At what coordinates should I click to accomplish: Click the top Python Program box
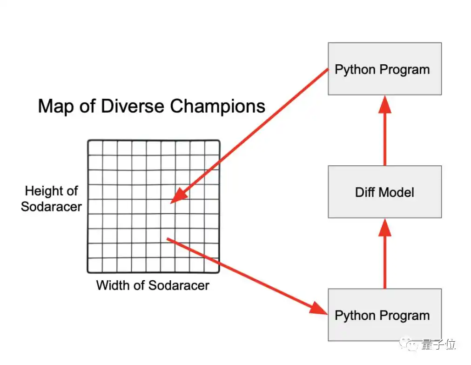click(x=384, y=69)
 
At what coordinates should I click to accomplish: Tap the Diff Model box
click(x=384, y=192)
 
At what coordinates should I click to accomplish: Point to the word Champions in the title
click(x=217, y=106)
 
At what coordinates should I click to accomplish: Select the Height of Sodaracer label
click(x=51, y=199)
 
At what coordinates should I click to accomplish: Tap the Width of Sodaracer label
click(x=153, y=285)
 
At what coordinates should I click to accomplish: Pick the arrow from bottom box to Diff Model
click(x=384, y=253)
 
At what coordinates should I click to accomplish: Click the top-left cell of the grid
click(x=95, y=148)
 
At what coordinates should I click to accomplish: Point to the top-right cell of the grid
click(x=212, y=148)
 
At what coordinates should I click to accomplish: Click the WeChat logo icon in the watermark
click(x=411, y=345)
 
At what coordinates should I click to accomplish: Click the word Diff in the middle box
click(x=364, y=192)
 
